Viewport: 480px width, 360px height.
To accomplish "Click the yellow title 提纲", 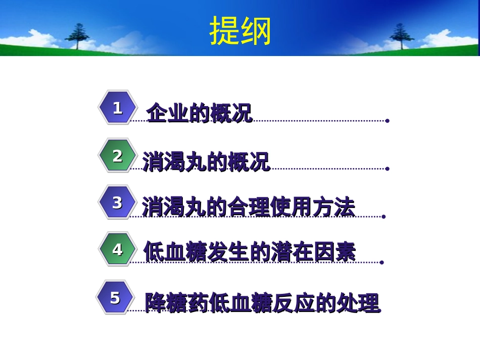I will [241, 31].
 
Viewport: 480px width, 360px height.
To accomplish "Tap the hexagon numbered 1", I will [118, 108].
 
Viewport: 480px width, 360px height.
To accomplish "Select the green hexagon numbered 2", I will [118, 156].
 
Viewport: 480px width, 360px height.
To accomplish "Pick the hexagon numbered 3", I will [118, 202].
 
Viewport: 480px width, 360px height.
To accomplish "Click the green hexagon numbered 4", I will [118, 249].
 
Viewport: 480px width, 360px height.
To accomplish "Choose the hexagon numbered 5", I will [116, 297].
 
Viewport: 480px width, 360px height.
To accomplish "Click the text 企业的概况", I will [200, 113].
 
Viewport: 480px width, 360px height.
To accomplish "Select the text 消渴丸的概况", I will [206, 162].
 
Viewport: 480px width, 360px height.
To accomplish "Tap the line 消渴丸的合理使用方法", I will [249, 207].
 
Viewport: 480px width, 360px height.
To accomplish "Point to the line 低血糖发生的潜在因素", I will [250, 251].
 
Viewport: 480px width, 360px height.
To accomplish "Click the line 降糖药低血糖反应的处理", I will [263, 303].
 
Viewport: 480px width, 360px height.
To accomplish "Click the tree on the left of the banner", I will [77, 36].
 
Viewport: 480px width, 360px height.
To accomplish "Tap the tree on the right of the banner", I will [402, 36].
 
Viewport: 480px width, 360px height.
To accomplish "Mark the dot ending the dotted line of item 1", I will [388, 121].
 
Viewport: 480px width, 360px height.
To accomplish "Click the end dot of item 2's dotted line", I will [388, 169].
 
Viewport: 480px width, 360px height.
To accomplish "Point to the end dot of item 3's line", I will [384, 217].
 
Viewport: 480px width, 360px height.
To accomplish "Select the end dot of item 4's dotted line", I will [382, 263].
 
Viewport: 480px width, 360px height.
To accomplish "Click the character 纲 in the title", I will [256, 31].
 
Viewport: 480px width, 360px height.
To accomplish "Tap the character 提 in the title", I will [225, 31].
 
